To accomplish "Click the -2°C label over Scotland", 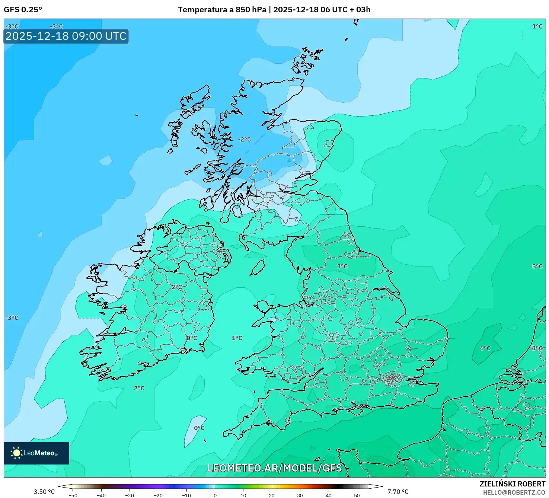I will (245, 140).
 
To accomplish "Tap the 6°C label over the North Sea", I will (485, 348).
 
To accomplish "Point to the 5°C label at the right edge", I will (537, 266).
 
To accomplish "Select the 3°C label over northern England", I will (342, 266).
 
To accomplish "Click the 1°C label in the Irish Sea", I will (237, 338).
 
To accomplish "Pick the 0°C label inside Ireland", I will (192, 338).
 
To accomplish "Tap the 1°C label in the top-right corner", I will (537, 26).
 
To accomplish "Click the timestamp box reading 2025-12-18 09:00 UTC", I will (66, 36).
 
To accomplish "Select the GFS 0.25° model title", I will (23, 10).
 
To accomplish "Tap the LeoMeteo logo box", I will (36, 453).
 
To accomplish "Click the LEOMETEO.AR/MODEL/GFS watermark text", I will (274, 468).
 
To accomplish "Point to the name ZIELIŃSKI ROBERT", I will (512, 484).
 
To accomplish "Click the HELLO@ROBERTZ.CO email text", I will (514, 492).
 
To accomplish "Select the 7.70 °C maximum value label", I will (398, 492).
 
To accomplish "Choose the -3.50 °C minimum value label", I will (43, 492).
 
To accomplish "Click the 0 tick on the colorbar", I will (215, 495).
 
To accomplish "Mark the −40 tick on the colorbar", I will (101, 495).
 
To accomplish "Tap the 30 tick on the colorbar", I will (300, 495).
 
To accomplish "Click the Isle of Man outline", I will (258, 268).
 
